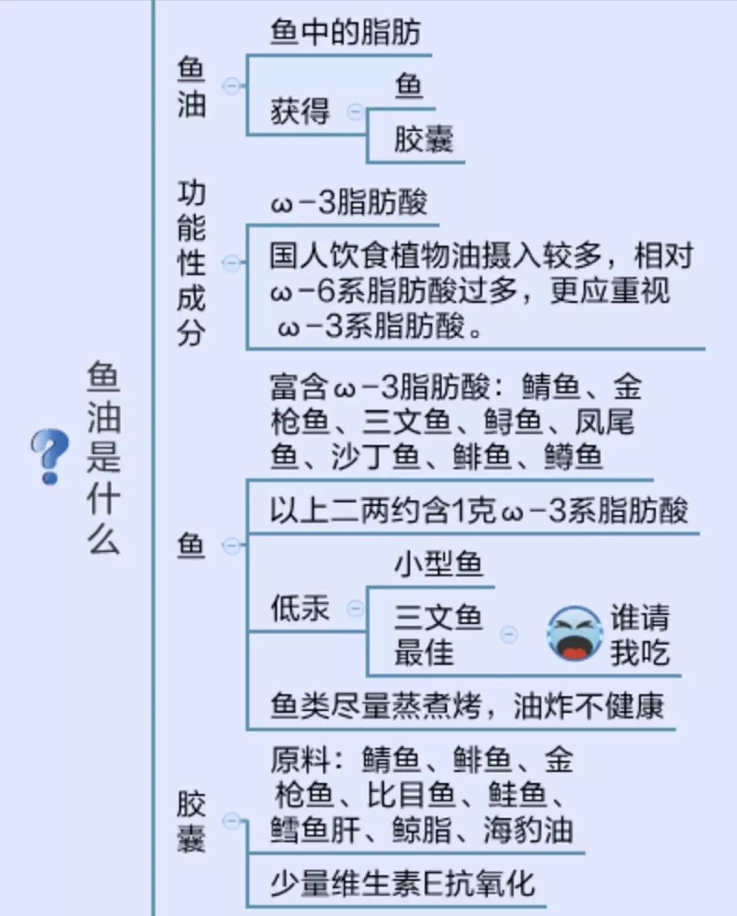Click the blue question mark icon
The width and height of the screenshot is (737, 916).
[50, 456]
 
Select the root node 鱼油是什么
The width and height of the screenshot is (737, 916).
[104, 457]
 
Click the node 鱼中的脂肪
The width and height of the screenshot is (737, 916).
[345, 32]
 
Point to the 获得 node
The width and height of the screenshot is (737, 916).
[300, 111]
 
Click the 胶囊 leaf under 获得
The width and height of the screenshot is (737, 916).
[423, 140]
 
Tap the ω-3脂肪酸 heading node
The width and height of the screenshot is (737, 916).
[349, 203]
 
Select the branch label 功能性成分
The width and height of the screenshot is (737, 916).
[191, 263]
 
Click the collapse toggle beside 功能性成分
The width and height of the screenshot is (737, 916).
[231, 263]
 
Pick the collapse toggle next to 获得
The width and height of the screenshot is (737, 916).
[355, 111]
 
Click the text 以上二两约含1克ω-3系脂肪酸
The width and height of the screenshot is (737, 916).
[478, 511]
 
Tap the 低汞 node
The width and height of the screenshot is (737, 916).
[300, 609]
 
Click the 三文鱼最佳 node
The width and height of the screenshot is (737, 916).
[437, 634]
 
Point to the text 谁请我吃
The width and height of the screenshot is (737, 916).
[640, 634]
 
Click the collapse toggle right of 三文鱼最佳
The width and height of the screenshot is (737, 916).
[508, 634]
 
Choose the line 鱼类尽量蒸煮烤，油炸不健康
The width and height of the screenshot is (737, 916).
[467, 706]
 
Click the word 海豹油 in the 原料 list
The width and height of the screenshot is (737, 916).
[527, 830]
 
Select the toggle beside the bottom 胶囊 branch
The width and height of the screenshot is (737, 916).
[231, 821]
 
